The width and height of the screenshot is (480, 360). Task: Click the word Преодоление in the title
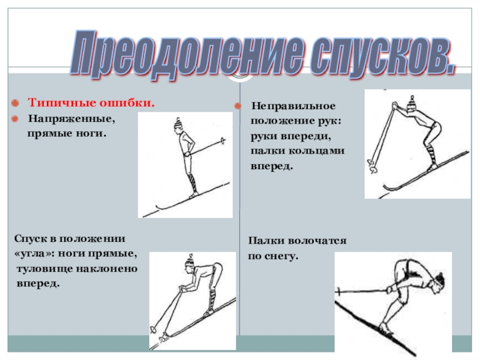[187, 53]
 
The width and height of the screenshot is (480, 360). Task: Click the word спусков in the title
[382, 55]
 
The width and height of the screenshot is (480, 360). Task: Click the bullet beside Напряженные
[14, 118]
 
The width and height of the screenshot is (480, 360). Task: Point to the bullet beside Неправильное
[238, 106]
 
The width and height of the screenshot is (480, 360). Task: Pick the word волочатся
[317, 241]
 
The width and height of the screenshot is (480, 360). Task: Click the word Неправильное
[293, 106]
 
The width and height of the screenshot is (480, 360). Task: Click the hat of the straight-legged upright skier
[178, 123]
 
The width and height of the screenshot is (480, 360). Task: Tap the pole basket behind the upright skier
[223, 141]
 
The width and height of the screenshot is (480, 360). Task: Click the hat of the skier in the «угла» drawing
[189, 261]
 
